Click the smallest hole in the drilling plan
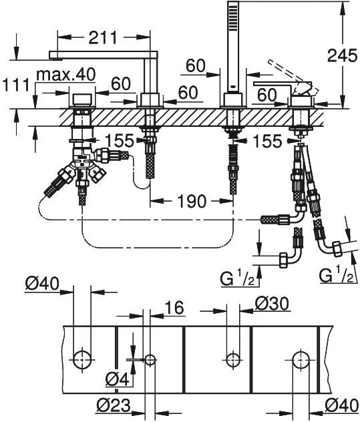coord(150,360)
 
